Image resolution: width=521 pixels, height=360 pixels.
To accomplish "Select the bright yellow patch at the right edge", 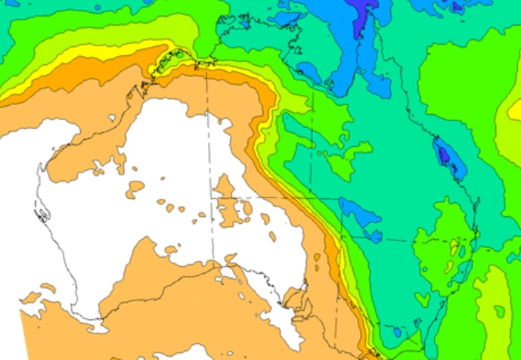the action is coord(516,110).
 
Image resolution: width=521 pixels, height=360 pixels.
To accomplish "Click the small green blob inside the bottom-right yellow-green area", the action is coord(499,311).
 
